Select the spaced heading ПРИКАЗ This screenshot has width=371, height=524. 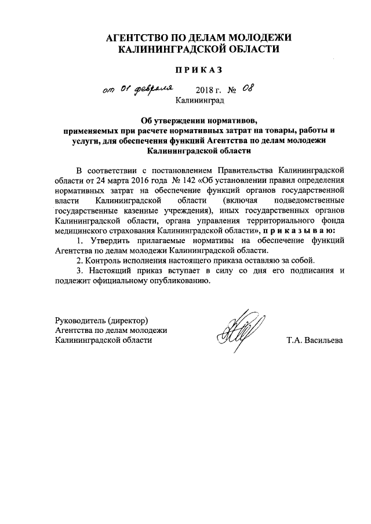point(199,70)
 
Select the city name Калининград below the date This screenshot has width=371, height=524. point(199,101)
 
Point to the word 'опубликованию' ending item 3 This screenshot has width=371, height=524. point(174,281)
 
